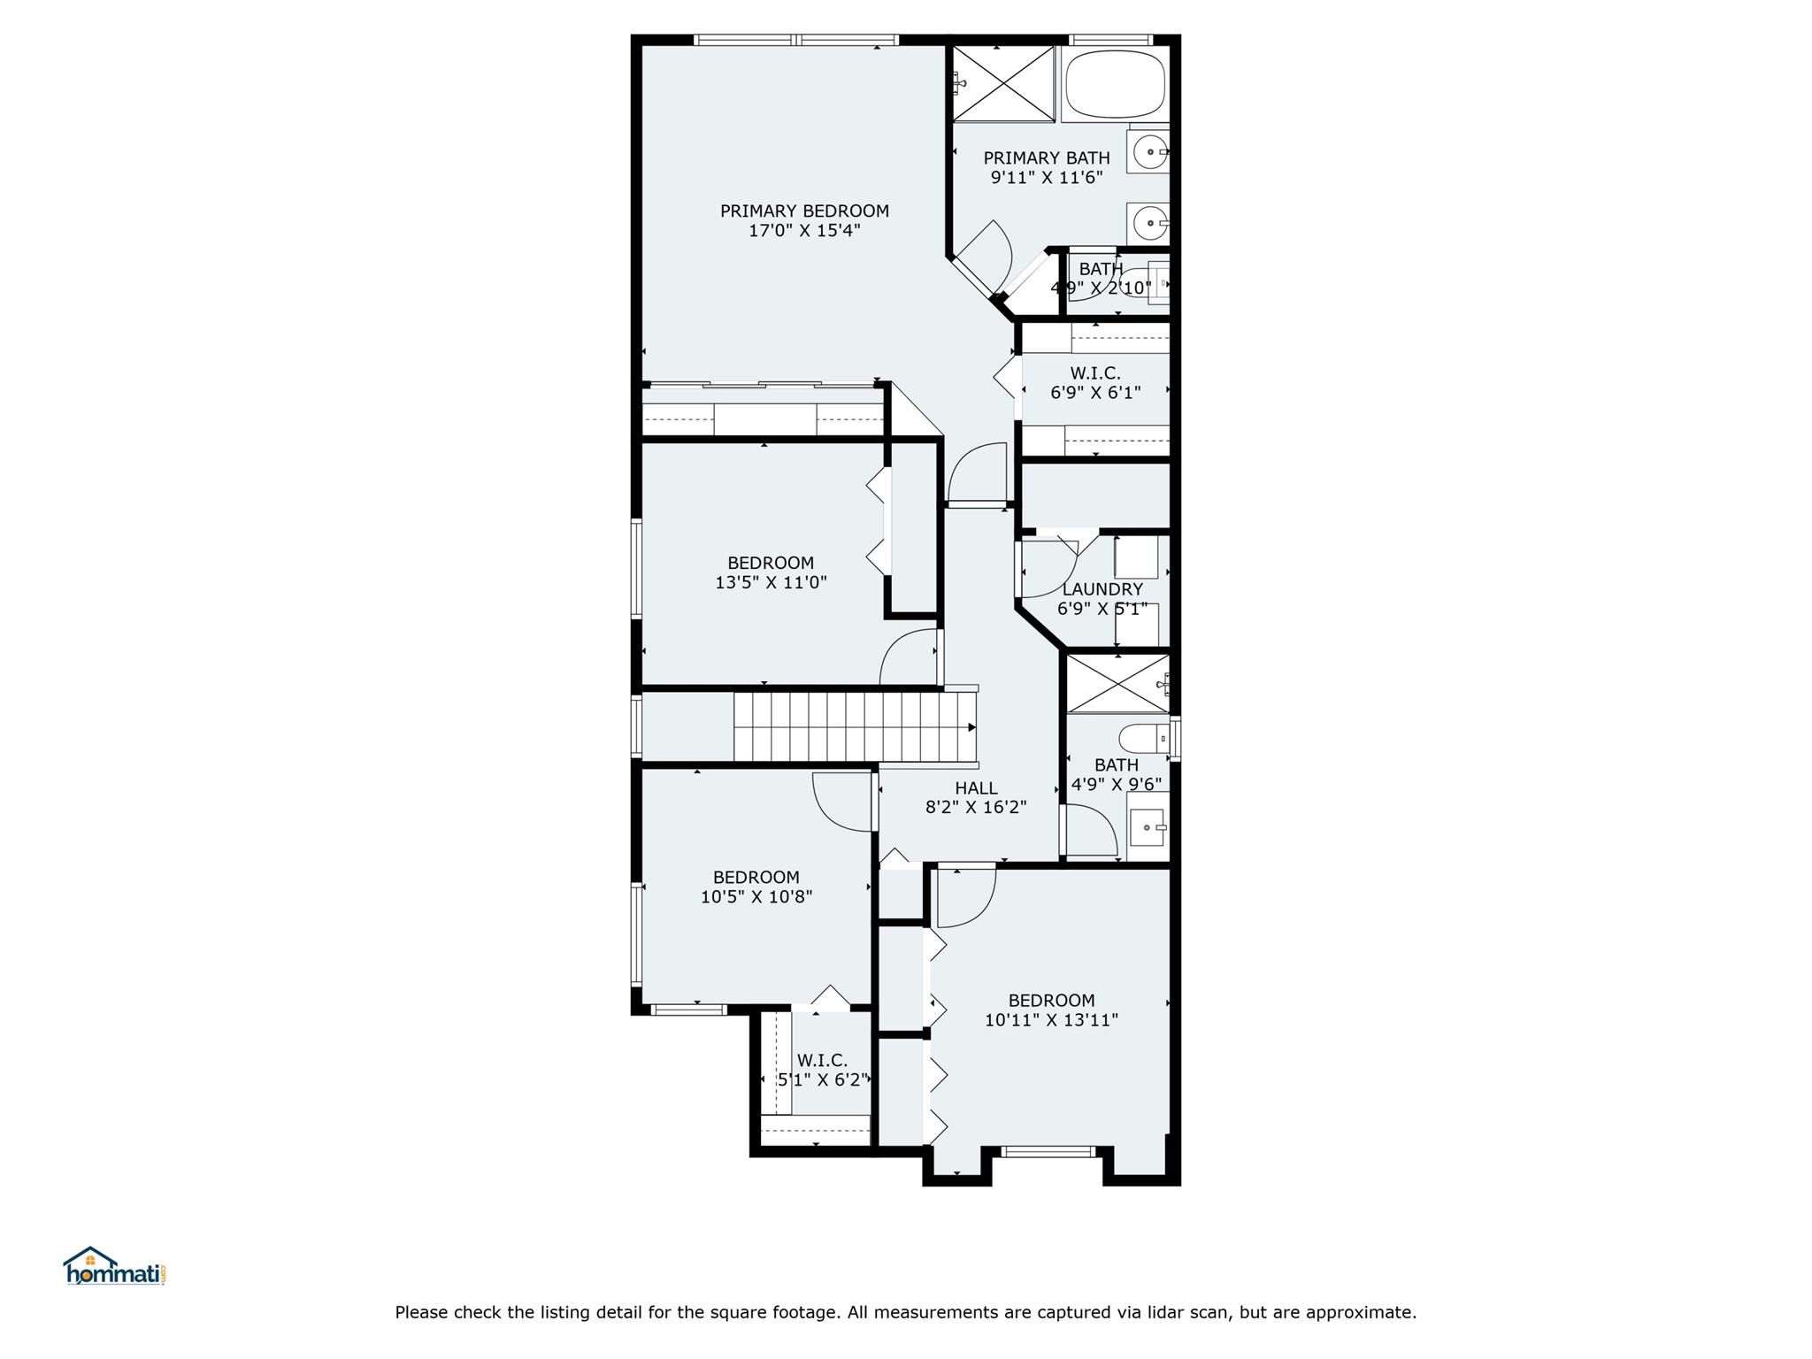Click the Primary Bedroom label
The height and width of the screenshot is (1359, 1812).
[x=804, y=211]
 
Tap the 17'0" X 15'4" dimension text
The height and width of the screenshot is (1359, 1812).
[x=804, y=231]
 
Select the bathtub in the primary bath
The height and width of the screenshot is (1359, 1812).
[x=1116, y=84]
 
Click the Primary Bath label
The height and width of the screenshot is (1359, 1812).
[x=1047, y=157]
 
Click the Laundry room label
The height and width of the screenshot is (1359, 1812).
[x=1102, y=589]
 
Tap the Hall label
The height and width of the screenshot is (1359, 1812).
[x=976, y=788]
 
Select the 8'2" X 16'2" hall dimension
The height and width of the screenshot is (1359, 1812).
[x=976, y=808]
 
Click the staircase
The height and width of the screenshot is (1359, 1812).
[x=855, y=727]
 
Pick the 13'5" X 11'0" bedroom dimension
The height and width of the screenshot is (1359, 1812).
[x=771, y=583]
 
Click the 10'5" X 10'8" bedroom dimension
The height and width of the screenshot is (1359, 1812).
[x=756, y=897]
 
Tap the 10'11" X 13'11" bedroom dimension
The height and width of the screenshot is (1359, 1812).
[x=1051, y=1020]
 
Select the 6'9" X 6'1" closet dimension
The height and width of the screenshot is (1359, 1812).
[x=1095, y=393]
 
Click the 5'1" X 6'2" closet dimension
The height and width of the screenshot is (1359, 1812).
[x=822, y=1080]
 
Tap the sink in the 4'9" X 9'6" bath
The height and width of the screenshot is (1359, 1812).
[x=1148, y=827]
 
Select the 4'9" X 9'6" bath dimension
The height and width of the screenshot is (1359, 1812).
[x=1117, y=785]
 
